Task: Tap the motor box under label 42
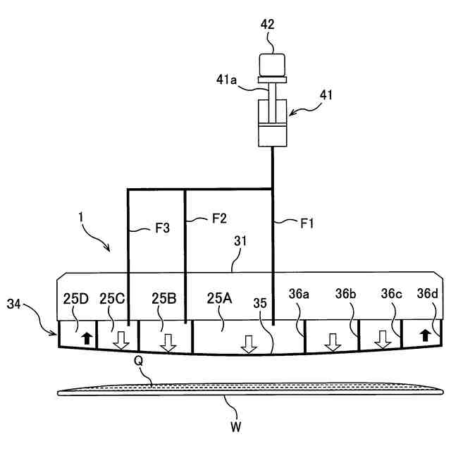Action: coord(271,64)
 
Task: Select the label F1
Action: coord(307,224)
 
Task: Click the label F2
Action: coord(218,218)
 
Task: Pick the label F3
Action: coord(162,228)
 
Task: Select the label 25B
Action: coord(164,298)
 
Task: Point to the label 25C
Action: coord(111,298)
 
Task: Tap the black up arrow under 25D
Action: coord(87,338)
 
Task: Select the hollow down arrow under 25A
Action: coord(247,345)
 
